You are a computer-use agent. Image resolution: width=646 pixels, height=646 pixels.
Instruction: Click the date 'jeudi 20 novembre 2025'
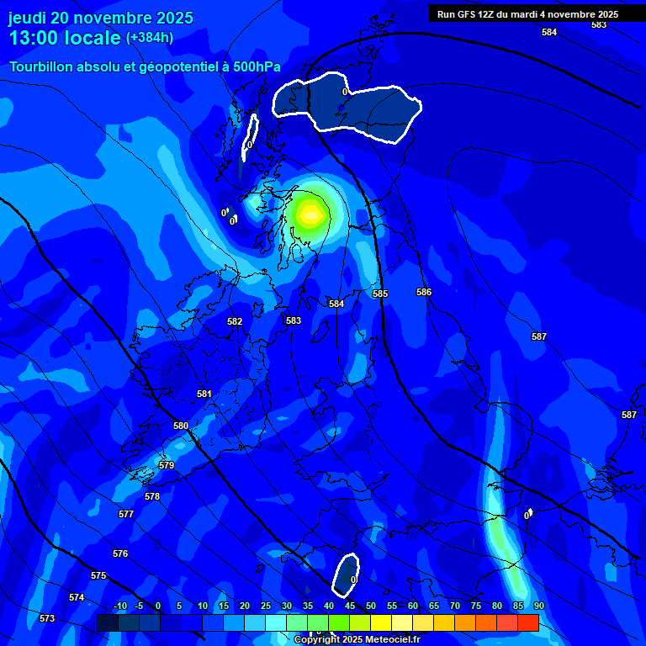[x=101, y=18]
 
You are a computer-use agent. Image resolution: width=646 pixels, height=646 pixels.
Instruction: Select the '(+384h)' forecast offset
[x=150, y=38]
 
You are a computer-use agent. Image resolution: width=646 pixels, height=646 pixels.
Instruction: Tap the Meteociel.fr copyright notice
[x=357, y=640]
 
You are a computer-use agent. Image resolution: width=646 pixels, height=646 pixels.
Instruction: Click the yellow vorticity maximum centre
[x=310, y=214]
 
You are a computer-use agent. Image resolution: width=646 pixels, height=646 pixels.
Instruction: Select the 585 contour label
[x=380, y=294]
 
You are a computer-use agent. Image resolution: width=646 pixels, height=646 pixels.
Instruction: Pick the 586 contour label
[x=424, y=292]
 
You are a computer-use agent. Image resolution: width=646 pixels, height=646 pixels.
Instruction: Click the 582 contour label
[x=235, y=321]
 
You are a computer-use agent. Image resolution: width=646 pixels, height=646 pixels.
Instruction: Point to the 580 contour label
[x=181, y=426]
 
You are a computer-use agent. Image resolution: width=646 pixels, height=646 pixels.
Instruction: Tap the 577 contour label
[x=126, y=514]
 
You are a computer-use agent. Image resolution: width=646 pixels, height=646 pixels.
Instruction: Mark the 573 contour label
[x=47, y=618]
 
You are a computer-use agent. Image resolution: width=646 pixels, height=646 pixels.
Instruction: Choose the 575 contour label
[x=98, y=575]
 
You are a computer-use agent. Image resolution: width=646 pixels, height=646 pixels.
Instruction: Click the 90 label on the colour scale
[x=538, y=606]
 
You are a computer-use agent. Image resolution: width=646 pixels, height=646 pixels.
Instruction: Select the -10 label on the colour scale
[x=119, y=606]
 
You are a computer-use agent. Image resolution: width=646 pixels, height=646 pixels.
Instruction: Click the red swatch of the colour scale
[x=527, y=622]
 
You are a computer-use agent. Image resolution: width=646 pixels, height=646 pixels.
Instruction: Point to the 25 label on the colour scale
[x=266, y=606]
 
